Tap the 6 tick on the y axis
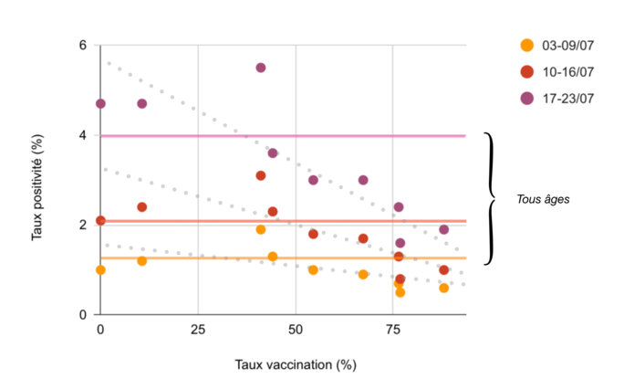pos(82,46)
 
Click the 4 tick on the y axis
pos(82,135)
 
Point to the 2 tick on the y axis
pos(82,225)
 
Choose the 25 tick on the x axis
pos(197,328)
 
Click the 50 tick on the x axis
pos(295,328)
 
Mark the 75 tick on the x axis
pos(391,328)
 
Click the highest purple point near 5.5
pos(261,68)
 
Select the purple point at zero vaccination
pos(100,103)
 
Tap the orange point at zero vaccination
pos(100,269)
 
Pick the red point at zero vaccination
pos(100,220)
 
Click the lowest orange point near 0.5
pos(400,292)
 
